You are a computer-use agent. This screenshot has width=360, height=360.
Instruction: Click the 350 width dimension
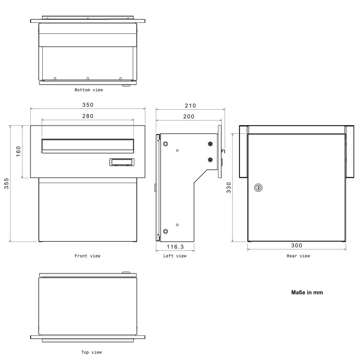point(88,105)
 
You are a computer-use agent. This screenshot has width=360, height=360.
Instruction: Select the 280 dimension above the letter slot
point(88,116)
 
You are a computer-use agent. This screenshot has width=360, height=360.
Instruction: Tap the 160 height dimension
point(18,151)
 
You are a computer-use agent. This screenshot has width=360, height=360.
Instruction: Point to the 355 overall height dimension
point(6,183)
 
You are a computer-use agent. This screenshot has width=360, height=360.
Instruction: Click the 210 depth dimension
point(190,106)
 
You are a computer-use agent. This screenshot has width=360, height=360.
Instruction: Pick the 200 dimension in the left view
point(189,116)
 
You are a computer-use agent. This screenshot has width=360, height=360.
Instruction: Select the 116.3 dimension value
point(175,247)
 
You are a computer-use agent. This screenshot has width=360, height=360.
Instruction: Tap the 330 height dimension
point(229,187)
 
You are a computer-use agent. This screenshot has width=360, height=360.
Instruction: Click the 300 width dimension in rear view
point(297,245)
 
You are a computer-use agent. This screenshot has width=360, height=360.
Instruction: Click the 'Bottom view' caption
point(89,90)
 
